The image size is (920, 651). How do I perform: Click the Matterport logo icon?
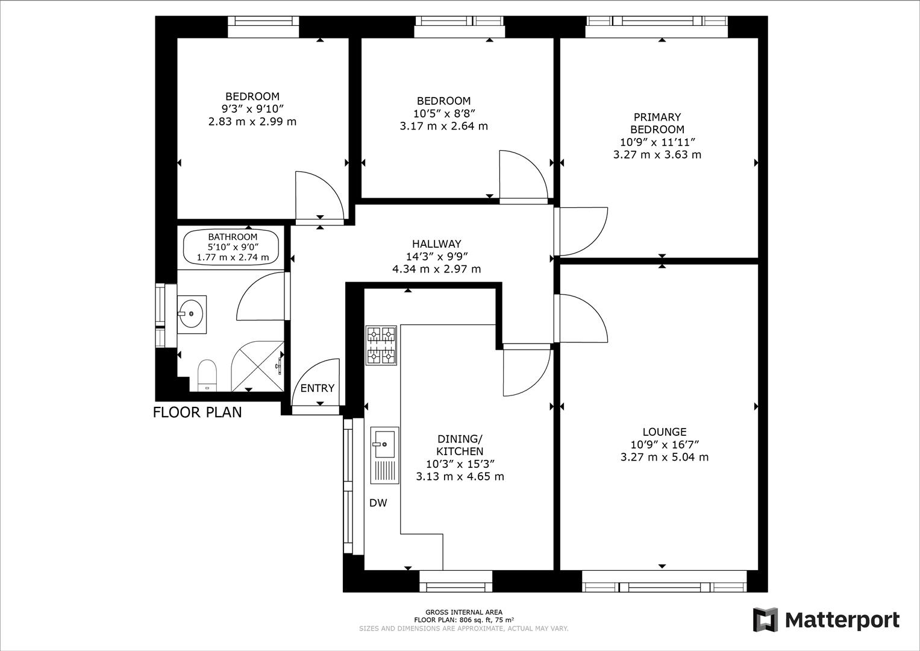(765, 620)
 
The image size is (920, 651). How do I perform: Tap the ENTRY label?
(317, 388)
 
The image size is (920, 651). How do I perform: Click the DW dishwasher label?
(378, 503)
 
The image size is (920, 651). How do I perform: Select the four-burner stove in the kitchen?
(381, 345)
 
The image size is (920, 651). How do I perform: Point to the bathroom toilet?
(207, 375)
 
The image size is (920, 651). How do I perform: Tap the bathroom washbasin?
(192, 313)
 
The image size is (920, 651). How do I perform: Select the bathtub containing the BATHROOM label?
(232, 248)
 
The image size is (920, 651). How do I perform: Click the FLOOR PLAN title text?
(197, 412)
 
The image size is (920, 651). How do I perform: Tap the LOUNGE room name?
(664, 432)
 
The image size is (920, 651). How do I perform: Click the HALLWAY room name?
(436, 244)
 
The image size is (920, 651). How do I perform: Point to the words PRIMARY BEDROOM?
(657, 123)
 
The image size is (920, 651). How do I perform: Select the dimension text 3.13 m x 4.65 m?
(460, 476)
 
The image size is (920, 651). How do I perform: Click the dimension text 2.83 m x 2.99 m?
(252, 121)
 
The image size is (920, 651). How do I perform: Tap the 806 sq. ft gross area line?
(463, 620)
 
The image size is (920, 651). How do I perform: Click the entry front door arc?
(316, 381)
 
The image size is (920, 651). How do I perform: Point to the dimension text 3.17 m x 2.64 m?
(443, 126)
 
